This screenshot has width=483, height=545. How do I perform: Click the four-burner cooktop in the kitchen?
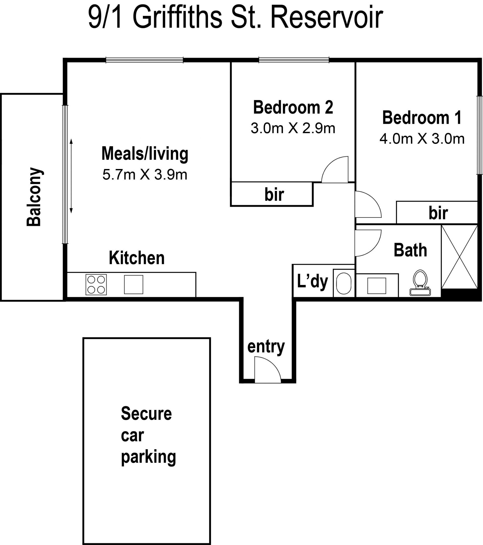[x=96, y=284]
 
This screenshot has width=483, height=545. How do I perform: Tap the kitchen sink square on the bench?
[x=134, y=285]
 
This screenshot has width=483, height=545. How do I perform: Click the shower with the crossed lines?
[x=460, y=257]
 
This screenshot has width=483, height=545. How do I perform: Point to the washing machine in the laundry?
[x=344, y=283]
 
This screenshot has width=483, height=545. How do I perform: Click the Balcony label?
[x=34, y=197]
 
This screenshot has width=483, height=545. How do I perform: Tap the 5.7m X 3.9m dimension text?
[x=145, y=175]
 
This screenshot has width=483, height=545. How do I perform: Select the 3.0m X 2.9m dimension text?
[x=293, y=129]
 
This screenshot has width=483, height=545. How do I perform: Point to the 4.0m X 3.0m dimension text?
[x=422, y=139]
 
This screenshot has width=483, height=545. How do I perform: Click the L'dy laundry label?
[x=312, y=282]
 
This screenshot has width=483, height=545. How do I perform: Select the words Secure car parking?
[x=148, y=435]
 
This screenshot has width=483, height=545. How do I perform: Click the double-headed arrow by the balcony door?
[x=71, y=176]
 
